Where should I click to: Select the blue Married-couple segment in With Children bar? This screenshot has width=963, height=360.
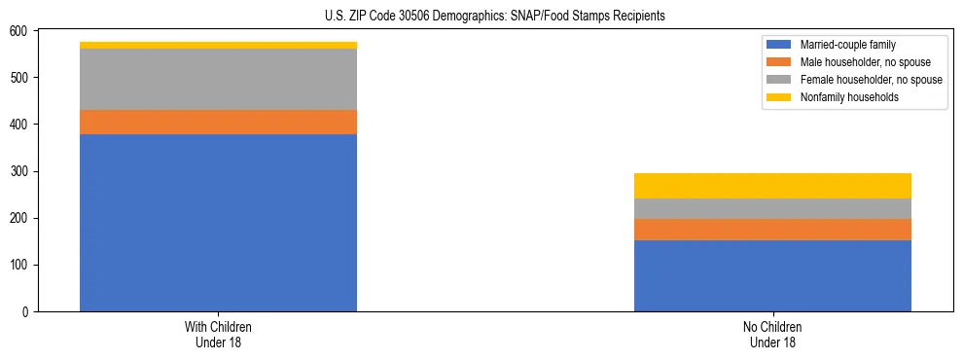[218, 223]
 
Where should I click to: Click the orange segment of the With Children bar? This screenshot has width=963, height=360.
[218, 123]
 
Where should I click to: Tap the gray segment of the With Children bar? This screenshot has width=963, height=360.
[218, 79]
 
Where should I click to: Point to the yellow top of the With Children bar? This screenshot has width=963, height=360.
[218, 45]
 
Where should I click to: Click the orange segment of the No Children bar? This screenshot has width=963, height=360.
[772, 230]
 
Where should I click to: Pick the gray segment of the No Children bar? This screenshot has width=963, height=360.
[772, 208]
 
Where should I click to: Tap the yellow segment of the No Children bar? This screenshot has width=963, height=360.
[772, 186]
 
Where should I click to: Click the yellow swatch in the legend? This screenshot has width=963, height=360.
[779, 97]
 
